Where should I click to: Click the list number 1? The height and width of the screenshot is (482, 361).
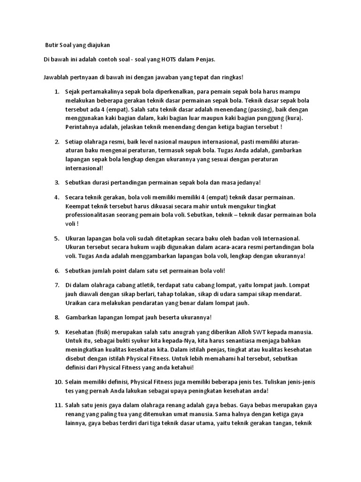pyautogui.click(x=57, y=91)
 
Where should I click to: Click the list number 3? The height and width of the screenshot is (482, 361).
pyautogui.click(x=57, y=182)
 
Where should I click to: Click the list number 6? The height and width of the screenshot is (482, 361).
pyautogui.click(x=57, y=271)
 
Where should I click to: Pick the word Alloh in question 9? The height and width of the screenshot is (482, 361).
pyautogui.click(x=243, y=331)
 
